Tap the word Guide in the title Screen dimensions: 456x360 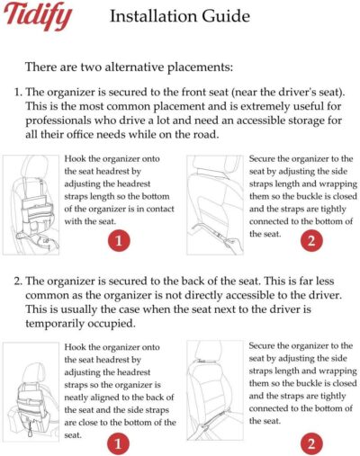[x=228, y=16]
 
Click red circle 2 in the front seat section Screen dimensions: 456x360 [x=309, y=240]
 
